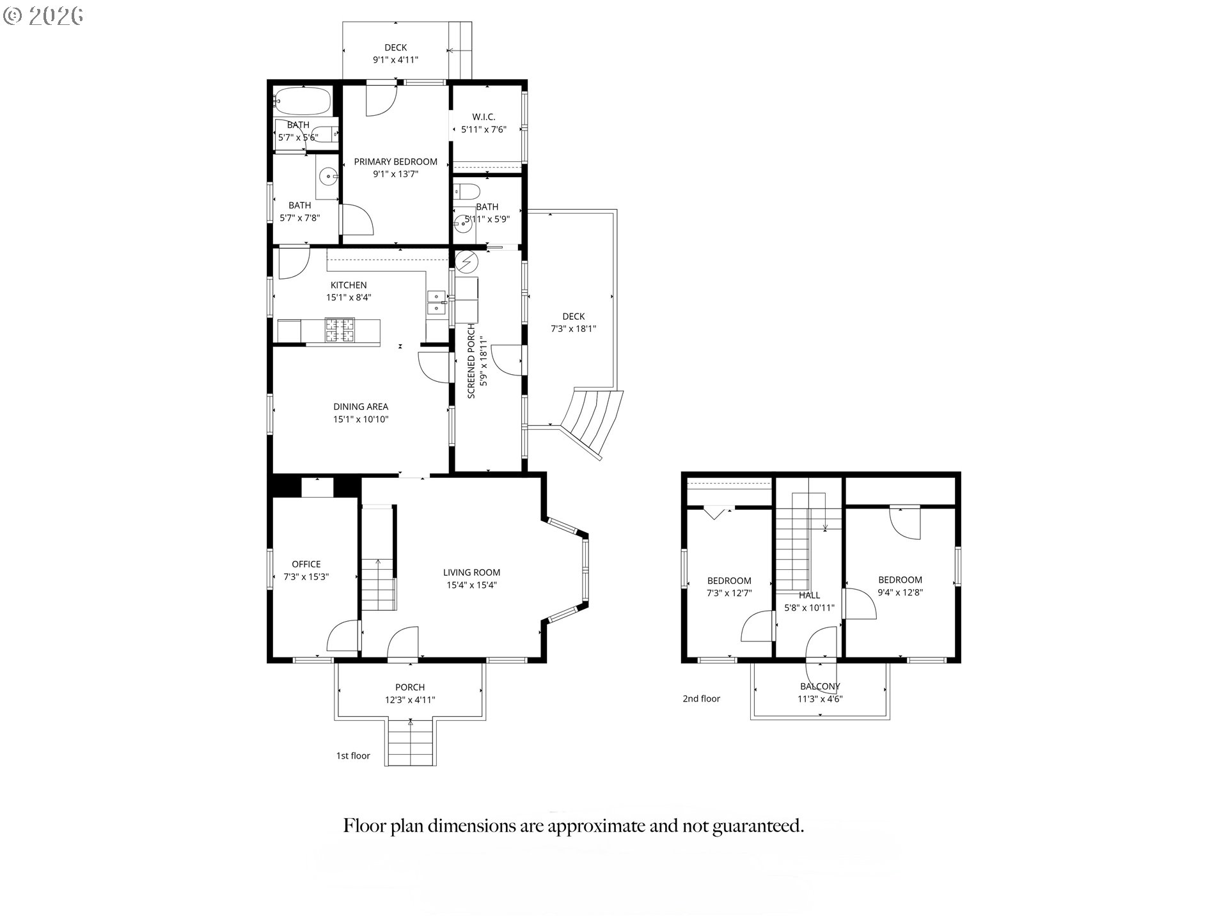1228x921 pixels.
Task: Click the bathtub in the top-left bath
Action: point(302,100)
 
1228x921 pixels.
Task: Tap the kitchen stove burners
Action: point(340,330)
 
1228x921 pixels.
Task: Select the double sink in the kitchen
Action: point(436,303)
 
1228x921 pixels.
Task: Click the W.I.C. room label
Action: point(484,117)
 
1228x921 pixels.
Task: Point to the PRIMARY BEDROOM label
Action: point(396,162)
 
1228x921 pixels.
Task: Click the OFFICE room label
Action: point(306,564)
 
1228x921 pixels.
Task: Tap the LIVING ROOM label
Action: point(471,572)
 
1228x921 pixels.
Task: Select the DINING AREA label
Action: point(361,407)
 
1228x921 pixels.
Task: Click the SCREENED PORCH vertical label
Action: point(471,361)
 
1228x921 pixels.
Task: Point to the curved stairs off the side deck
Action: point(592,420)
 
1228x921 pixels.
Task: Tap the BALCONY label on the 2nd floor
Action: point(820,686)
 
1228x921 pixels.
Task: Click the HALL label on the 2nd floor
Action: point(809,595)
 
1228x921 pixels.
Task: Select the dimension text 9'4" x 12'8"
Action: point(900,592)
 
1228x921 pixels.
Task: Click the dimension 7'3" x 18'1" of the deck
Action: point(574,329)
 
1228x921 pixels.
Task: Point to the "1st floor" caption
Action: point(353,756)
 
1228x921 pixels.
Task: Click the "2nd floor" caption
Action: point(701,699)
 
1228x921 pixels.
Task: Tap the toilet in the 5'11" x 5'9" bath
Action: point(466,191)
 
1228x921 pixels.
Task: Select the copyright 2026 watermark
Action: point(43,15)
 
